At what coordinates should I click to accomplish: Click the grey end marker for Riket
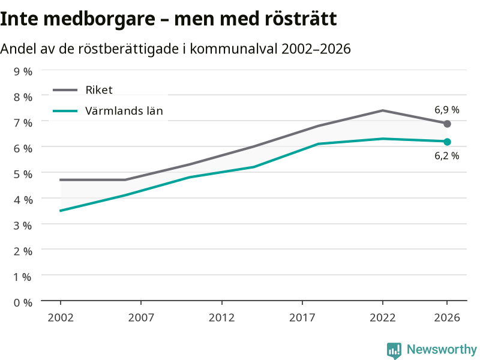pos(447,124)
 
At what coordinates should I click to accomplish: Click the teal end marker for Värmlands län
pos(447,142)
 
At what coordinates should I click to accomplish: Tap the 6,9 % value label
pos(446,110)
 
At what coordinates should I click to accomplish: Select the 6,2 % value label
pos(446,155)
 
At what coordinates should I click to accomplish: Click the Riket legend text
pos(99,89)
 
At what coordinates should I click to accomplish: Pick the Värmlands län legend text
pos(124,110)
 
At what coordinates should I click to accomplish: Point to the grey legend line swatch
pos(65,90)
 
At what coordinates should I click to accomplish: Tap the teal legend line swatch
pos(65,111)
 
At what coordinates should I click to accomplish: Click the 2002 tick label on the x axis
pos(61,317)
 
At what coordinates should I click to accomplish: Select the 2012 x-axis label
pos(221,317)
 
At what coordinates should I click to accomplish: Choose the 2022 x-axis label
pos(383,317)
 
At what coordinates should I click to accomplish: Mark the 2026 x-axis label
pos(447,317)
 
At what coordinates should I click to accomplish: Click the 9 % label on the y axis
pos(23,71)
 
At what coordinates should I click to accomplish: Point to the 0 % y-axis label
pos(23,302)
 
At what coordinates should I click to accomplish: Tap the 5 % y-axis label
pos(23,174)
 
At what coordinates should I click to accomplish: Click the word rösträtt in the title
pos(301,19)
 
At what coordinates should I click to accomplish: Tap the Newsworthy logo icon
pos(394,350)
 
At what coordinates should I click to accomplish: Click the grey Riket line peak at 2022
pos(383,110)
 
